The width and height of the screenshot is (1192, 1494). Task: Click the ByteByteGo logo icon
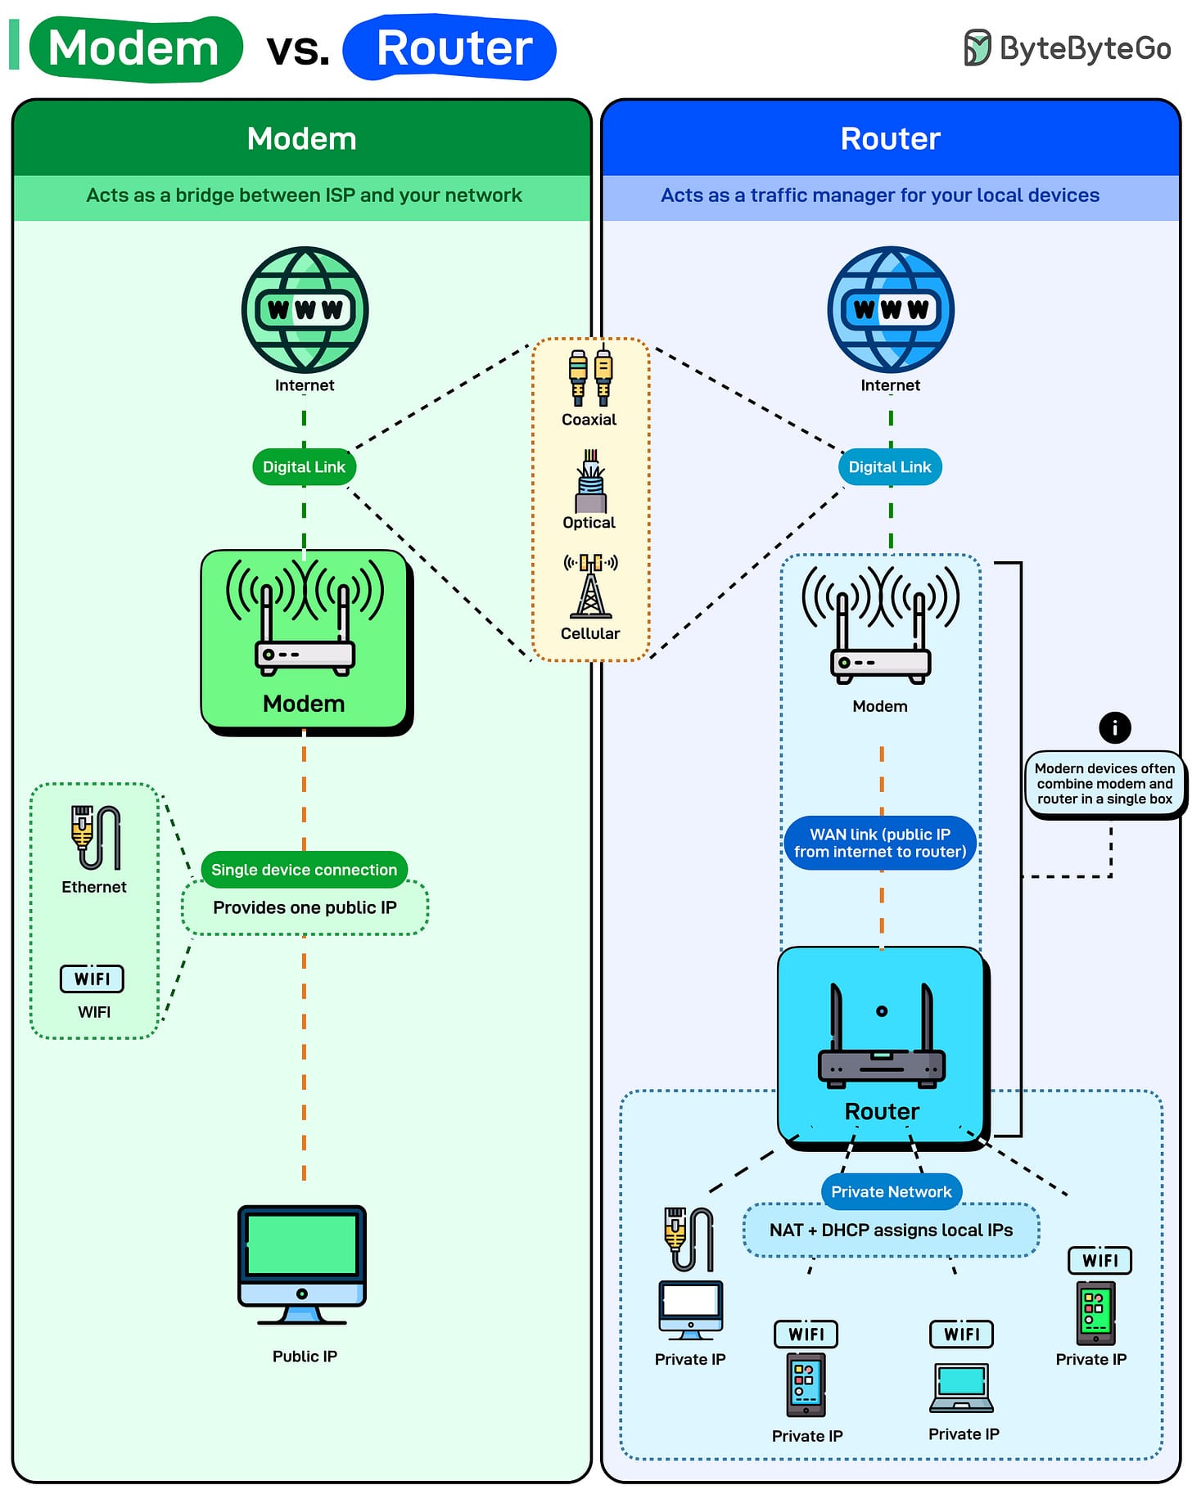tap(977, 47)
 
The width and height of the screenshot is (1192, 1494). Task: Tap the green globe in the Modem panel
tap(305, 309)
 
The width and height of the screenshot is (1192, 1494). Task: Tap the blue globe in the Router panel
tap(891, 309)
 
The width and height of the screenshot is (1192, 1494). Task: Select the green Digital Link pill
tap(304, 466)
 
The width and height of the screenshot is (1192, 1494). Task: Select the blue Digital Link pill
tap(890, 466)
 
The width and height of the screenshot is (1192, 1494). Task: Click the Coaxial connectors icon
tap(590, 377)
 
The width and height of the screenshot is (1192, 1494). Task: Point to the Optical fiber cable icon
tap(590, 480)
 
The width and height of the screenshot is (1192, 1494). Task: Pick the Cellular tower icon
tap(590, 585)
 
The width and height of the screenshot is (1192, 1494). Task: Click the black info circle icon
tap(1114, 727)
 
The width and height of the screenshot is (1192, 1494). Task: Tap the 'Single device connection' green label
tap(304, 870)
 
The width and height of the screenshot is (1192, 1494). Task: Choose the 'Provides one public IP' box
tap(305, 907)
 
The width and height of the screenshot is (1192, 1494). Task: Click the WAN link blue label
tap(880, 843)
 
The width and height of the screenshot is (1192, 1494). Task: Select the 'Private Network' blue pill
tap(892, 1191)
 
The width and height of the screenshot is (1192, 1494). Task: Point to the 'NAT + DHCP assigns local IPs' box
tap(891, 1230)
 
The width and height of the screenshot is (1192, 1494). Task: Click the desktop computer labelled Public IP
tap(302, 1265)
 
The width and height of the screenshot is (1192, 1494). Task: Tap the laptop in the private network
tap(962, 1388)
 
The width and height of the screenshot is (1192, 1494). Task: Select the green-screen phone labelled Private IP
tap(1095, 1312)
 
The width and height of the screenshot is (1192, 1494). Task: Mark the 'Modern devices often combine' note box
tap(1104, 784)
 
